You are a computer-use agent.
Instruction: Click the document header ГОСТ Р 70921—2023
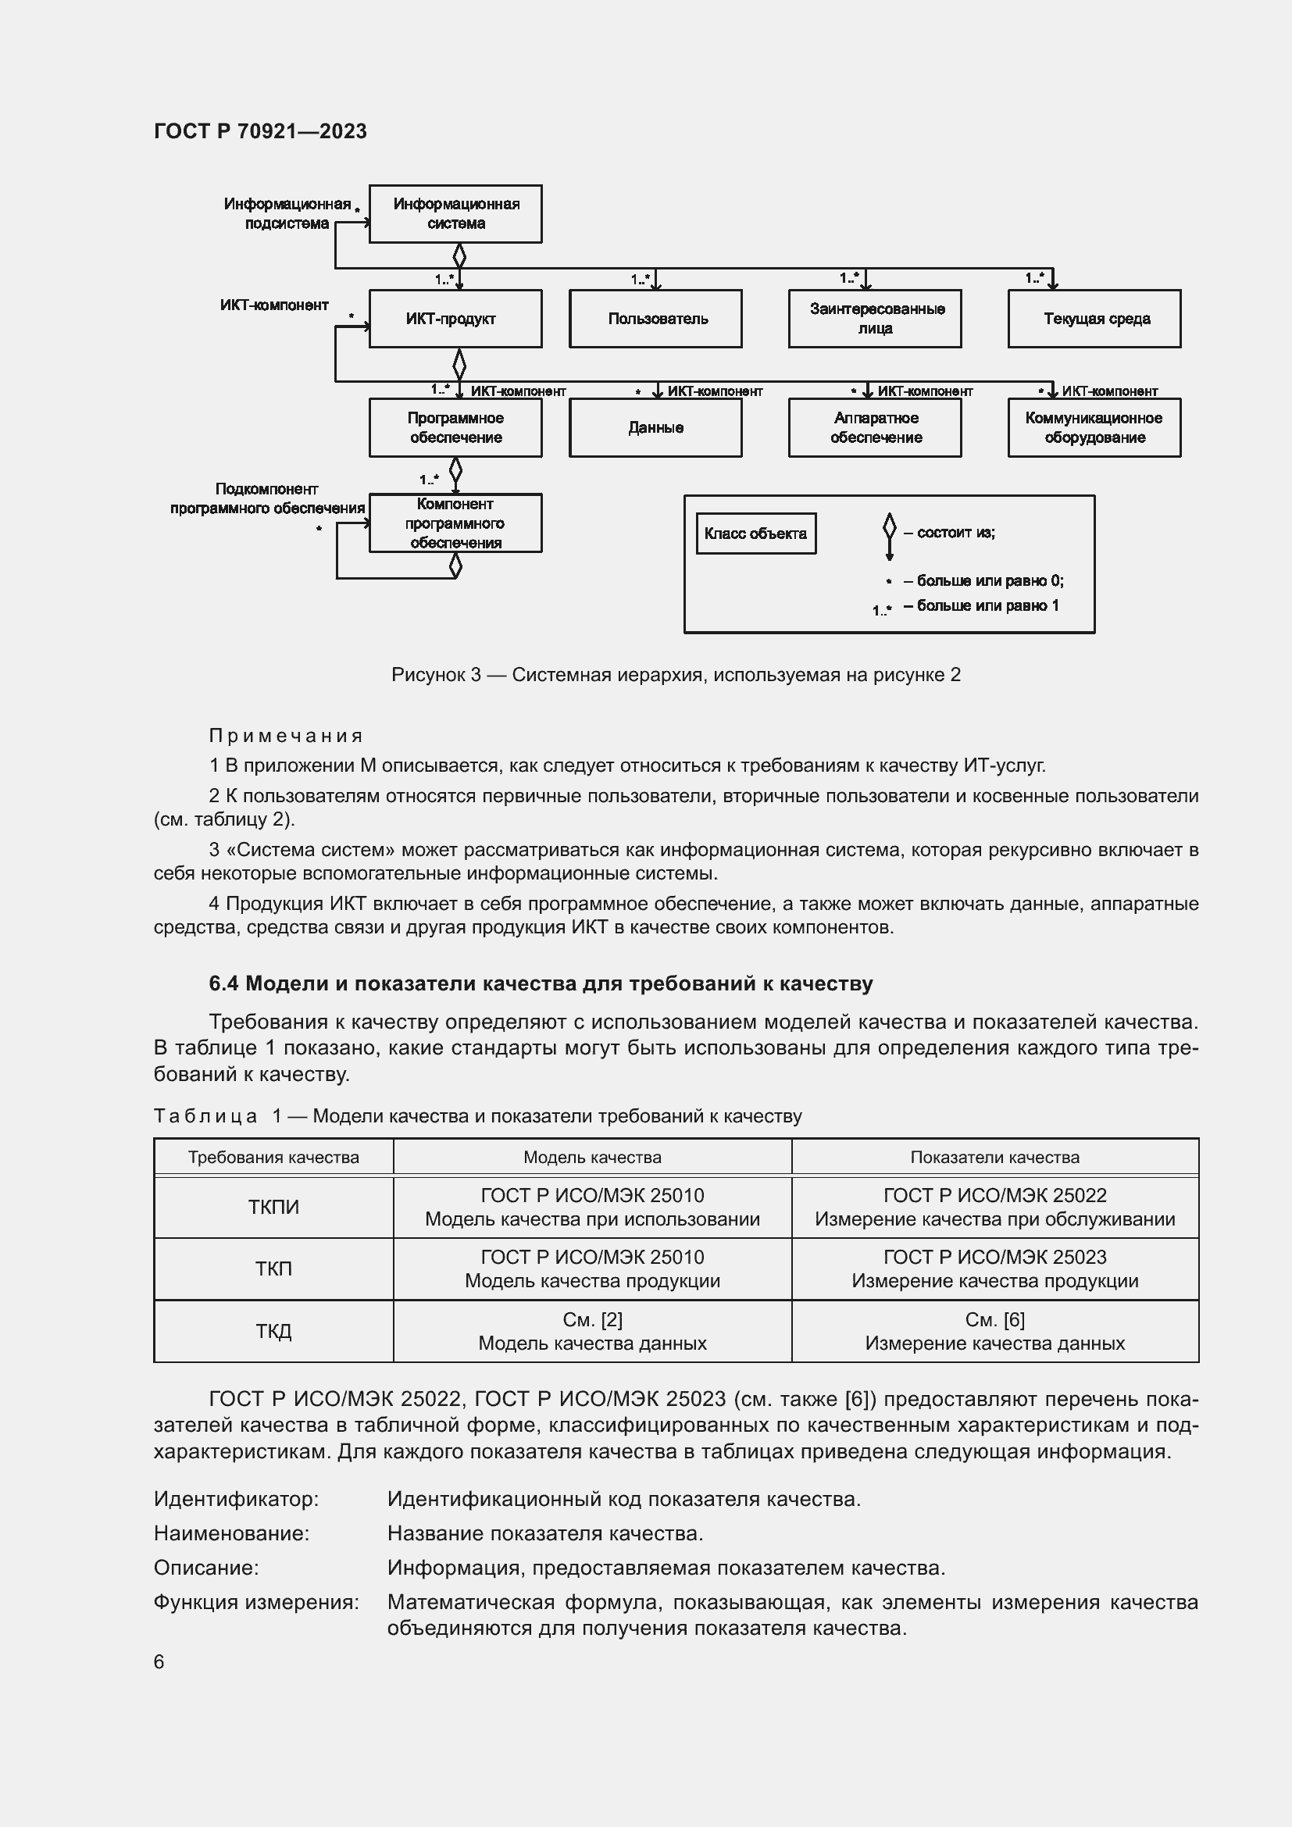click(x=260, y=131)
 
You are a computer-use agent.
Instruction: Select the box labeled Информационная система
click(x=455, y=214)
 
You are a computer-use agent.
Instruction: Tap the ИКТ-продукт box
click(x=455, y=318)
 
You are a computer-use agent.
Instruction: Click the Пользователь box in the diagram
click(x=655, y=318)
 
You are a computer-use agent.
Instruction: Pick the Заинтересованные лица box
click(x=874, y=318)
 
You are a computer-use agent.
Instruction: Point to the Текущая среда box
click(x=1094, y=318)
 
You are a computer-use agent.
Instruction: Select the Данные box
click(x=655, y=428)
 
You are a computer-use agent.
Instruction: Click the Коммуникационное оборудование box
click(x=1094, y=428)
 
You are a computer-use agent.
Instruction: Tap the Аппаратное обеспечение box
click(x=874, y=428)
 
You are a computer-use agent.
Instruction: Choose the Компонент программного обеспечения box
click(x=455, y=523)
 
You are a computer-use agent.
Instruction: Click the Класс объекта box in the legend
click(x=756, y=533)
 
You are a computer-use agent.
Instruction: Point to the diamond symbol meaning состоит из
click(x=890, y=527)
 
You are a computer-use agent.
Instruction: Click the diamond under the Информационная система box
click(x=459, y=256)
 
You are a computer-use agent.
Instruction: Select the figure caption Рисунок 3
click(x=676, y=675)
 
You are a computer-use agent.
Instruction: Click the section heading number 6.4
click(x=223, y=983)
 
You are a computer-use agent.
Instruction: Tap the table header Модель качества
click(x=592, y=1157)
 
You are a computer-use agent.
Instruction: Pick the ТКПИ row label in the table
click(x=273, y=1207)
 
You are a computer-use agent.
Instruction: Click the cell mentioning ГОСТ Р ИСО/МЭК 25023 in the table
click(x=994, y=1269)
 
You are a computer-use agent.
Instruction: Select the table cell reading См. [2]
click(x=592, y=1320)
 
